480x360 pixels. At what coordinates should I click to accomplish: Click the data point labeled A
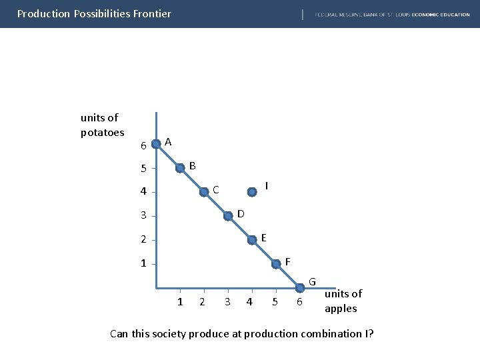(x=156, y=143)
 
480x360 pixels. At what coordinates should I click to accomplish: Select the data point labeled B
(x=180, y=168)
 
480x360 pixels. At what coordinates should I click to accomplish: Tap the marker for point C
(x=204, y=192)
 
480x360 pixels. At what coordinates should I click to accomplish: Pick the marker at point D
(x=229, y=216)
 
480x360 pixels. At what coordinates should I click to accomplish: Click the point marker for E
(x=252, y=240)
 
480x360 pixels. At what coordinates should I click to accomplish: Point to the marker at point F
(x=276, y=265)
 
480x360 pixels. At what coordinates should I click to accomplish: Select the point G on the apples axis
(x=300, y=288)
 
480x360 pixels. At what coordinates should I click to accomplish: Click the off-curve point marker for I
(x=252, y=192)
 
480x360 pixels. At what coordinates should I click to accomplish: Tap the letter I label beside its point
(x=267, y=185)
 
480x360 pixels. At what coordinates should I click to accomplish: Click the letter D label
(x=241, y=213)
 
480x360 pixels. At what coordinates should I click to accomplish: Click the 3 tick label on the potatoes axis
(x=143, y=216)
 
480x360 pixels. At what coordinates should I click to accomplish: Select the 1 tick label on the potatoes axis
(x=143, y=264)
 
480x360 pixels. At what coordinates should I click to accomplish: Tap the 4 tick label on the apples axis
(x=249, y=303)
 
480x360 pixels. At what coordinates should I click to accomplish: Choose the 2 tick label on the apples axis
(x=202, y=303)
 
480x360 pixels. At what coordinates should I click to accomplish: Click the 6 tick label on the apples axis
(x=299, y=303)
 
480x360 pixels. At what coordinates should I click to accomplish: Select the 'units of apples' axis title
(x=343, y=301)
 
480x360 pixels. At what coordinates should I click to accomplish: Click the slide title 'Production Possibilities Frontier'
(x=94, y=13)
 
